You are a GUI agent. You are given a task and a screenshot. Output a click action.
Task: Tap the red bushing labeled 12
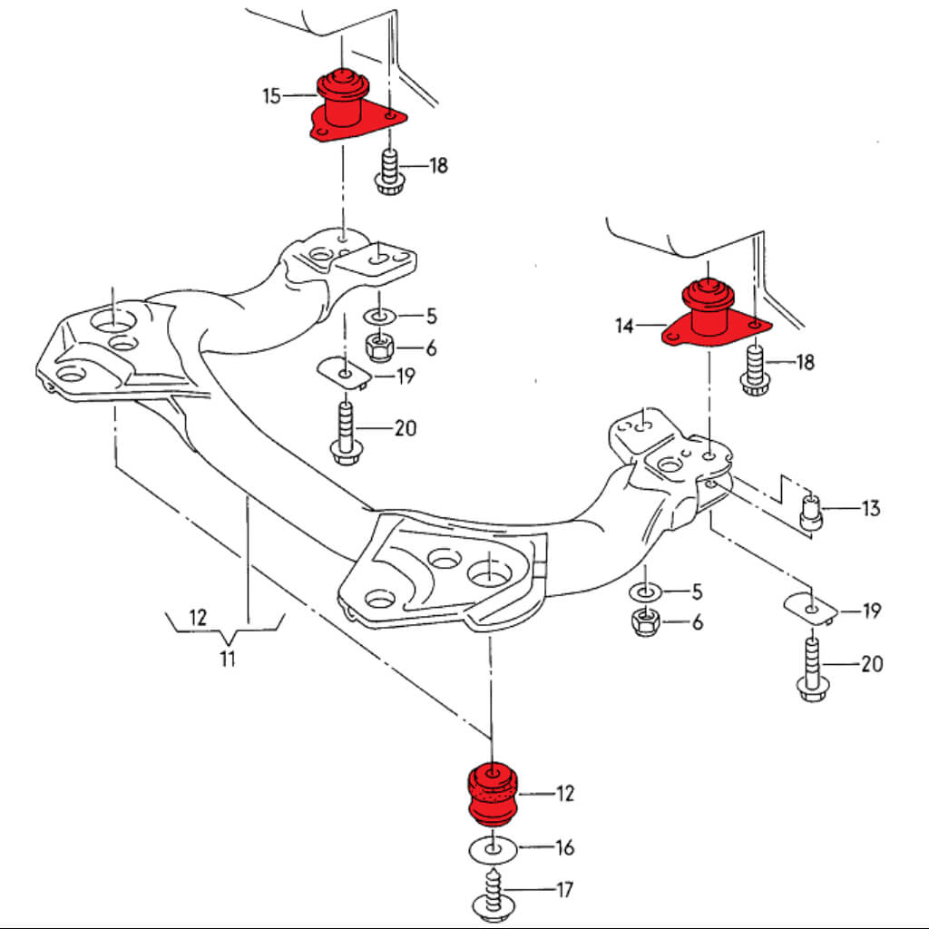pos(491,794)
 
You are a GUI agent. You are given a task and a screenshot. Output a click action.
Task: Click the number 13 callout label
pos(870,509)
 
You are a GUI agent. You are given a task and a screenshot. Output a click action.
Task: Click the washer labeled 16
pos(493,850)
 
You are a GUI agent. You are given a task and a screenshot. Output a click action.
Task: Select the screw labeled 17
pos(492,893)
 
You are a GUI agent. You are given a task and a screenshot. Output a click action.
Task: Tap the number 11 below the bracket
pos(227,659)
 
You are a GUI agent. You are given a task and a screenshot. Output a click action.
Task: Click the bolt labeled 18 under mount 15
pos(387,172)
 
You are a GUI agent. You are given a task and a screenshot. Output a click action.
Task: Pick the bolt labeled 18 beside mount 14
pos(753,369)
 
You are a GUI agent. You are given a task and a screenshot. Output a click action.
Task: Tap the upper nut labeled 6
pos(377,347)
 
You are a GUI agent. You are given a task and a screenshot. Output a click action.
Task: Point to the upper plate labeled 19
pos(344,372)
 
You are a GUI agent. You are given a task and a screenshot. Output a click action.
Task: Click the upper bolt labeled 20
pos(345,433)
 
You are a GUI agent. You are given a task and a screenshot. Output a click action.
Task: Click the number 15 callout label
pos(272,95)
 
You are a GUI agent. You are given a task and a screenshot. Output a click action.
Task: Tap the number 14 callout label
pos(624,326)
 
